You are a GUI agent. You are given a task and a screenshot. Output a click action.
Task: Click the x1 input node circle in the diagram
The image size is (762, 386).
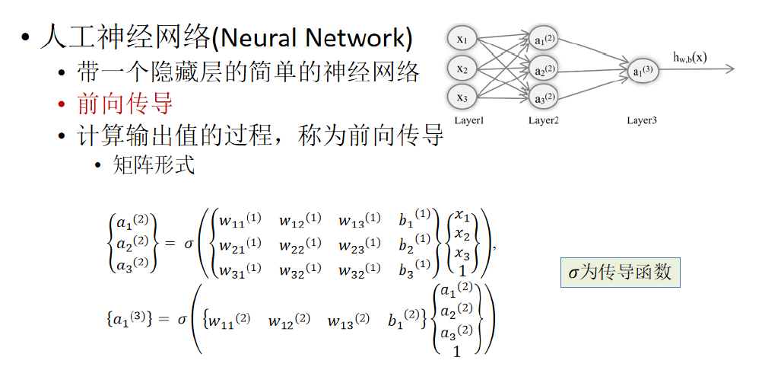(462, 39)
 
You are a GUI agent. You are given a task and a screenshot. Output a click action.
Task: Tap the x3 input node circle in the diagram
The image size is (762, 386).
(462, 97)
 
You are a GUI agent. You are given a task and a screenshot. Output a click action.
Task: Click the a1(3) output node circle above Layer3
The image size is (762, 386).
(642, 71)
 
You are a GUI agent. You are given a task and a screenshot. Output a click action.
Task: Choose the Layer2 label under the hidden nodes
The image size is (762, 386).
(544, 121)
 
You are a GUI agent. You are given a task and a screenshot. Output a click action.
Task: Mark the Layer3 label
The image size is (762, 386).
(642, 121)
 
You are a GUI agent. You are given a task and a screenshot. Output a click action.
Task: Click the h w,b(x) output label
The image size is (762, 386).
(690, 56)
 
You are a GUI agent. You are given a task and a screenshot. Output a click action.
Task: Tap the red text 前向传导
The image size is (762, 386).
(125, 103)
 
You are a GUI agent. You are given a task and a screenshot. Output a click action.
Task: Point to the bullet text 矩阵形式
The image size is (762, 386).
(154, 164)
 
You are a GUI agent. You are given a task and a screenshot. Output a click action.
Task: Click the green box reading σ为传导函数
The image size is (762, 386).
(620, 272)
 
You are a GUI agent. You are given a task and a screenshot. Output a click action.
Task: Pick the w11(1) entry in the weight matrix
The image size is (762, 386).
(240, 221)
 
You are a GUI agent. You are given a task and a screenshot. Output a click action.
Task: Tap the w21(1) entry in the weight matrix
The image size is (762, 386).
(240, 246)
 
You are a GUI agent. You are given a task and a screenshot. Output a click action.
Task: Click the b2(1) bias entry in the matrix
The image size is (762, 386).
(414, 246)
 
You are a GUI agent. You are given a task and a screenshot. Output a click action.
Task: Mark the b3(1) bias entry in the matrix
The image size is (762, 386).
(414, 270)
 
